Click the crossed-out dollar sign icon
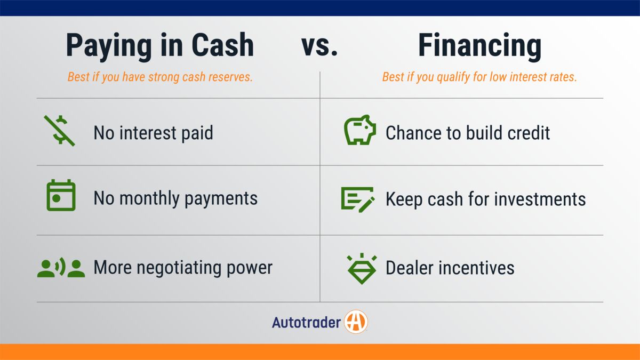pyautogui.click(x=59, y=131)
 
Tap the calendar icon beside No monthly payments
pyautogui.click(x=61, y=196)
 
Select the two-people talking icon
pyautogui.click(x=61, y=268)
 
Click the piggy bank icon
pyautogui.click(x=359, y=131)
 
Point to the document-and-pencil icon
pyautogui.click(x=358, y=199)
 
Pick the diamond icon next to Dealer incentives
pyautogui.click(x=362, y=268)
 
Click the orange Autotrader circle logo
pyautogui.click(x=356, y=322)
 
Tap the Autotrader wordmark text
pyautogui.click(x=306, y=323)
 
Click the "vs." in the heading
pyautogui.click(x=319, y=45)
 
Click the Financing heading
pyautogui.click(x=479, y=46)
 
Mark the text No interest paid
pyautogui.click(x=153, y=133)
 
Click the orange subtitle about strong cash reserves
pyautogui.click(x=160, y=77)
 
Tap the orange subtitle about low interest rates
pyautogui.click(x=479, y=77)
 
